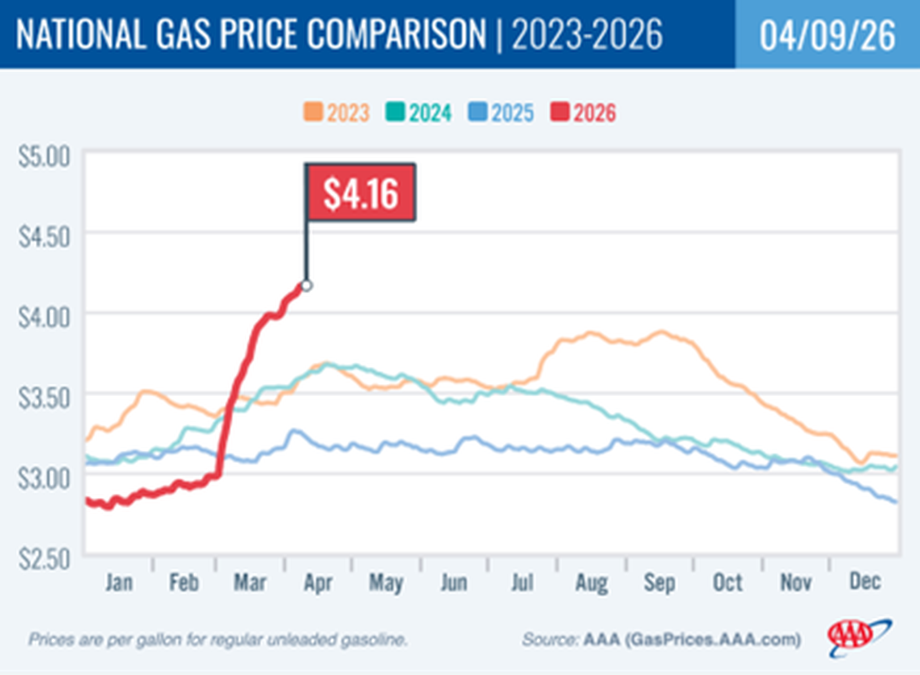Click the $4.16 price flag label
pyautogui.click(x=361, y=193)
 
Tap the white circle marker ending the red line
pyautogui.click(x=307, y=286)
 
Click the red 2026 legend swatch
pyautogui.click(x=559, y=112)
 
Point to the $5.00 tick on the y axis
pyautogui.click(x=44, y=157)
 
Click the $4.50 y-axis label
pyautogui.click(x=44, y=237)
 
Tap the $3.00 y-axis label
pyautogui.click(x=44, y=479)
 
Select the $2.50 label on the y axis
pyautogui.click(x=44, y=559)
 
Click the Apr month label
pyautogui.click(x=317, y=582)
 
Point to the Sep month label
pyautogui.click(x=659, y=582)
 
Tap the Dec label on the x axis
pyautogui.click(x=864, y=581)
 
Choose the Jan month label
pyautogui.click(x=119, y=582)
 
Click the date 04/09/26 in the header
pyautogui.click(x=827, y=35)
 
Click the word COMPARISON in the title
pyautogui.click(x=396, y=34)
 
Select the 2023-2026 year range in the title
pyautogui.click(x=587, y=34)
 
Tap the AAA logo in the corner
pyautogui.click(x=858, y=637)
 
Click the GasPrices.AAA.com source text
pyautogui.click(x=713, y=640)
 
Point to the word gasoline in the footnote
pyautogui.click(x=373, y=640)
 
